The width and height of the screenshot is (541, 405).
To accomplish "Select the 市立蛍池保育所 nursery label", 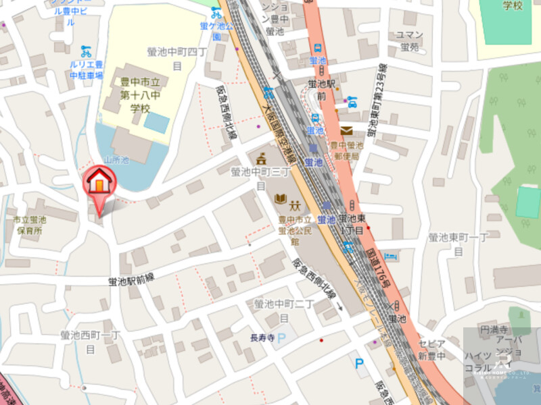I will coord(30,225).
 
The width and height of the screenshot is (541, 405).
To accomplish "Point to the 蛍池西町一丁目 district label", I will coord(90,341).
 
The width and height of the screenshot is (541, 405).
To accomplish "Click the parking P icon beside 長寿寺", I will coord(282,337).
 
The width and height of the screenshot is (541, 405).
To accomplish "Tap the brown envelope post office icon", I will coord(346,130).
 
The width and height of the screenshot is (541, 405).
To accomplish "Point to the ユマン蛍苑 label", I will coord(410,41).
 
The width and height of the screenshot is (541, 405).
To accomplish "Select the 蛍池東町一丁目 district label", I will coord(458,244).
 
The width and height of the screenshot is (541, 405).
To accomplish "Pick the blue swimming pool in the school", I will coord(156,122).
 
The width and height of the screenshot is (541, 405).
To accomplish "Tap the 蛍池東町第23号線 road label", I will coord(376,101).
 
